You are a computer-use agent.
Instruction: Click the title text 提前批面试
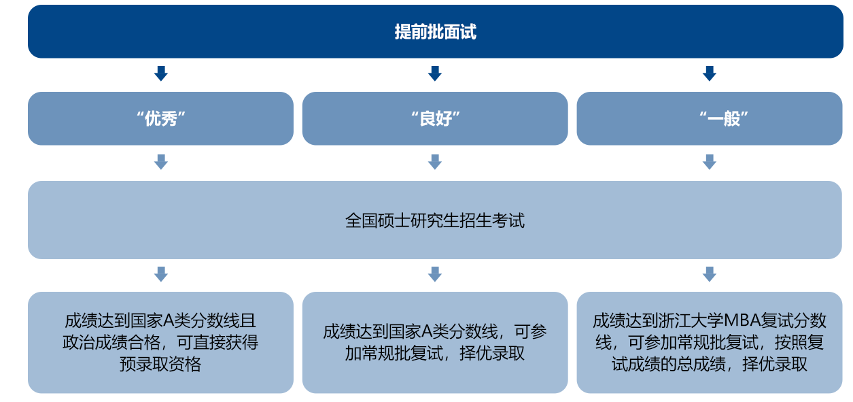(435, 31)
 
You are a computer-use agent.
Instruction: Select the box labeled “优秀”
(160, 118)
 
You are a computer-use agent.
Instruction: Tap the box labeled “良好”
(435, 118)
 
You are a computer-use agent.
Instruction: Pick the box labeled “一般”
(710, 118)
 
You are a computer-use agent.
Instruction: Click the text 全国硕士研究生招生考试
(435, 220)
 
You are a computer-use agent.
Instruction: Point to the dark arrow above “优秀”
(160, 73)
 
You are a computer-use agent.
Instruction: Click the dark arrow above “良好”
(435, 73)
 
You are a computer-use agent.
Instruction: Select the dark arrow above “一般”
(709, 73)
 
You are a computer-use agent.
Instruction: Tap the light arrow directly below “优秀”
(160, 162)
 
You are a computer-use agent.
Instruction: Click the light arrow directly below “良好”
(435, 162)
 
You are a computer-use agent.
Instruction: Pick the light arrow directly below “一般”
(709, 162)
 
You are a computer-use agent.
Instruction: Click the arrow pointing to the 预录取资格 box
(160, 274)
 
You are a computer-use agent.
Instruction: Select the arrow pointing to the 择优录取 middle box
(435, 274)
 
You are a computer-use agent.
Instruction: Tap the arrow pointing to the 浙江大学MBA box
(709, 274)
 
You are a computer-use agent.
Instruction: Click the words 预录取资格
(160, 365)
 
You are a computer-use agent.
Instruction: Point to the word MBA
(742, 320)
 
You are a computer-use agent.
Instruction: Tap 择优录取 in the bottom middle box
(492, 353)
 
